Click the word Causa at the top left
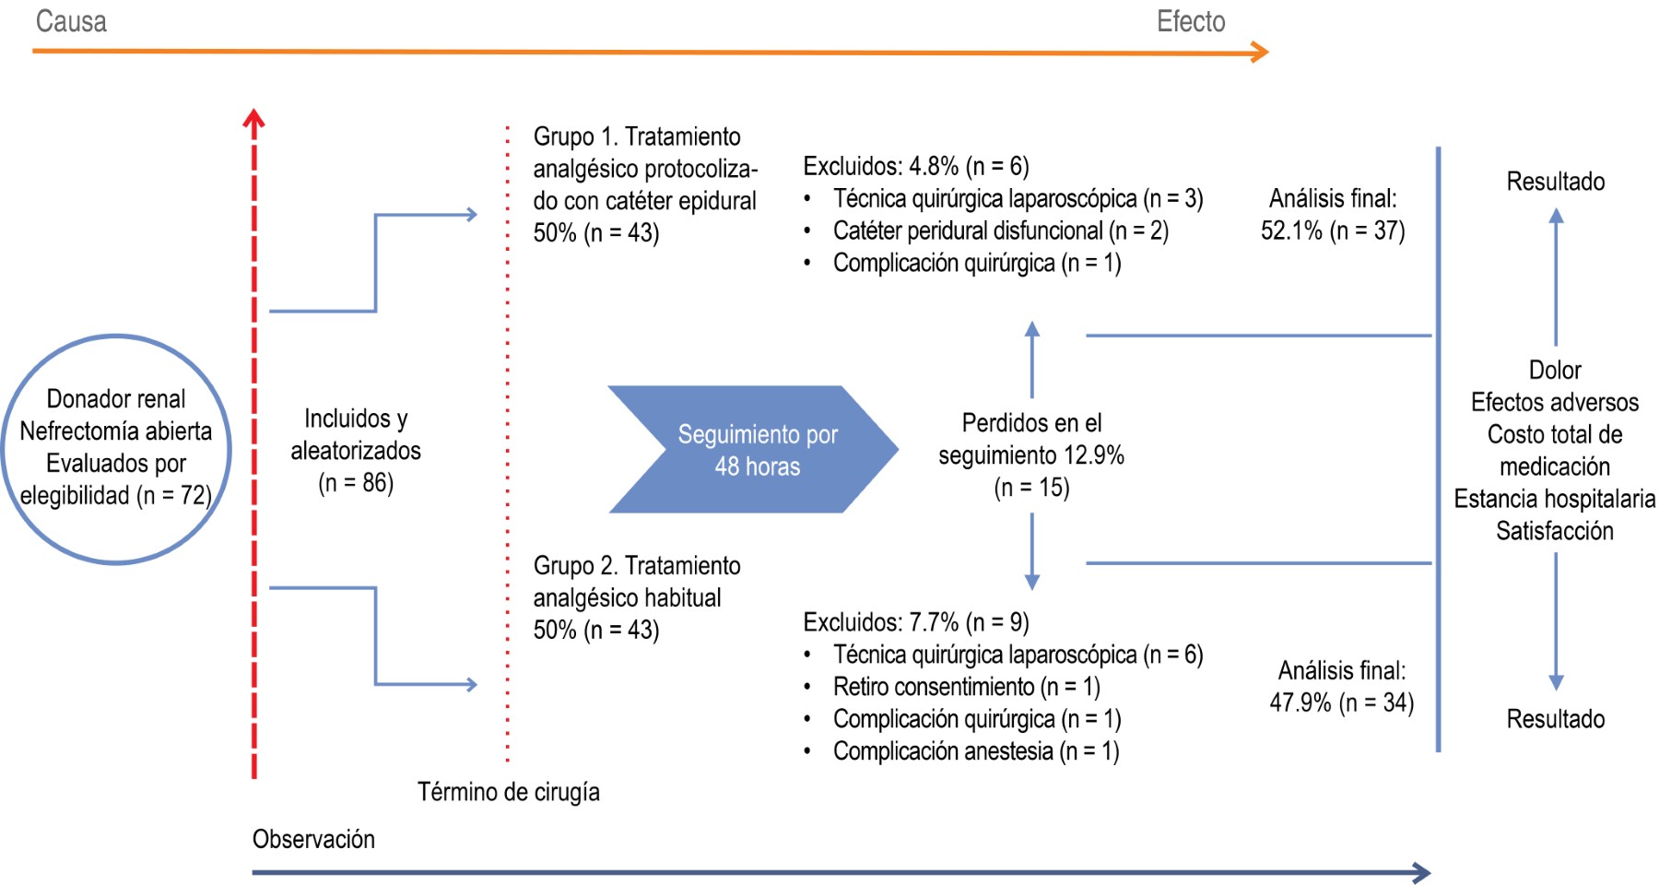[x=71, y=21]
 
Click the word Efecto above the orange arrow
[x=1191, y=21]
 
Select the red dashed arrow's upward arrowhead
[x=254, y=118]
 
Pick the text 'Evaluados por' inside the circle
[x=116, y=463]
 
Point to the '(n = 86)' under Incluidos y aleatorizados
[x=356, y=482]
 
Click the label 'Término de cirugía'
[x=509, y=792]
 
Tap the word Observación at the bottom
[x=313, y=839]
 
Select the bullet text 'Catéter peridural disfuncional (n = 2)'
[x=1000, y=230]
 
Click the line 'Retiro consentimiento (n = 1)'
[x=966, y=687]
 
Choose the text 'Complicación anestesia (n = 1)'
[x=976, y=751]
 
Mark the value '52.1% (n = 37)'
[x=1333, y=230]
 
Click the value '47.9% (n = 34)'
[x=1341, y=702]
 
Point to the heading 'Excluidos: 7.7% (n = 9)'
[x=916, y=622]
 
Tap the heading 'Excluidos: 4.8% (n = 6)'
[x=916, y=166]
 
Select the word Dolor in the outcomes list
[x=1555, y=370]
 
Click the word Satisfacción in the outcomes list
[x=1555, y=531]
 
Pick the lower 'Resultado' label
[x=1556, y=719]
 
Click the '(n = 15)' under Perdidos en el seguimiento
[x=1031, y=487]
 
